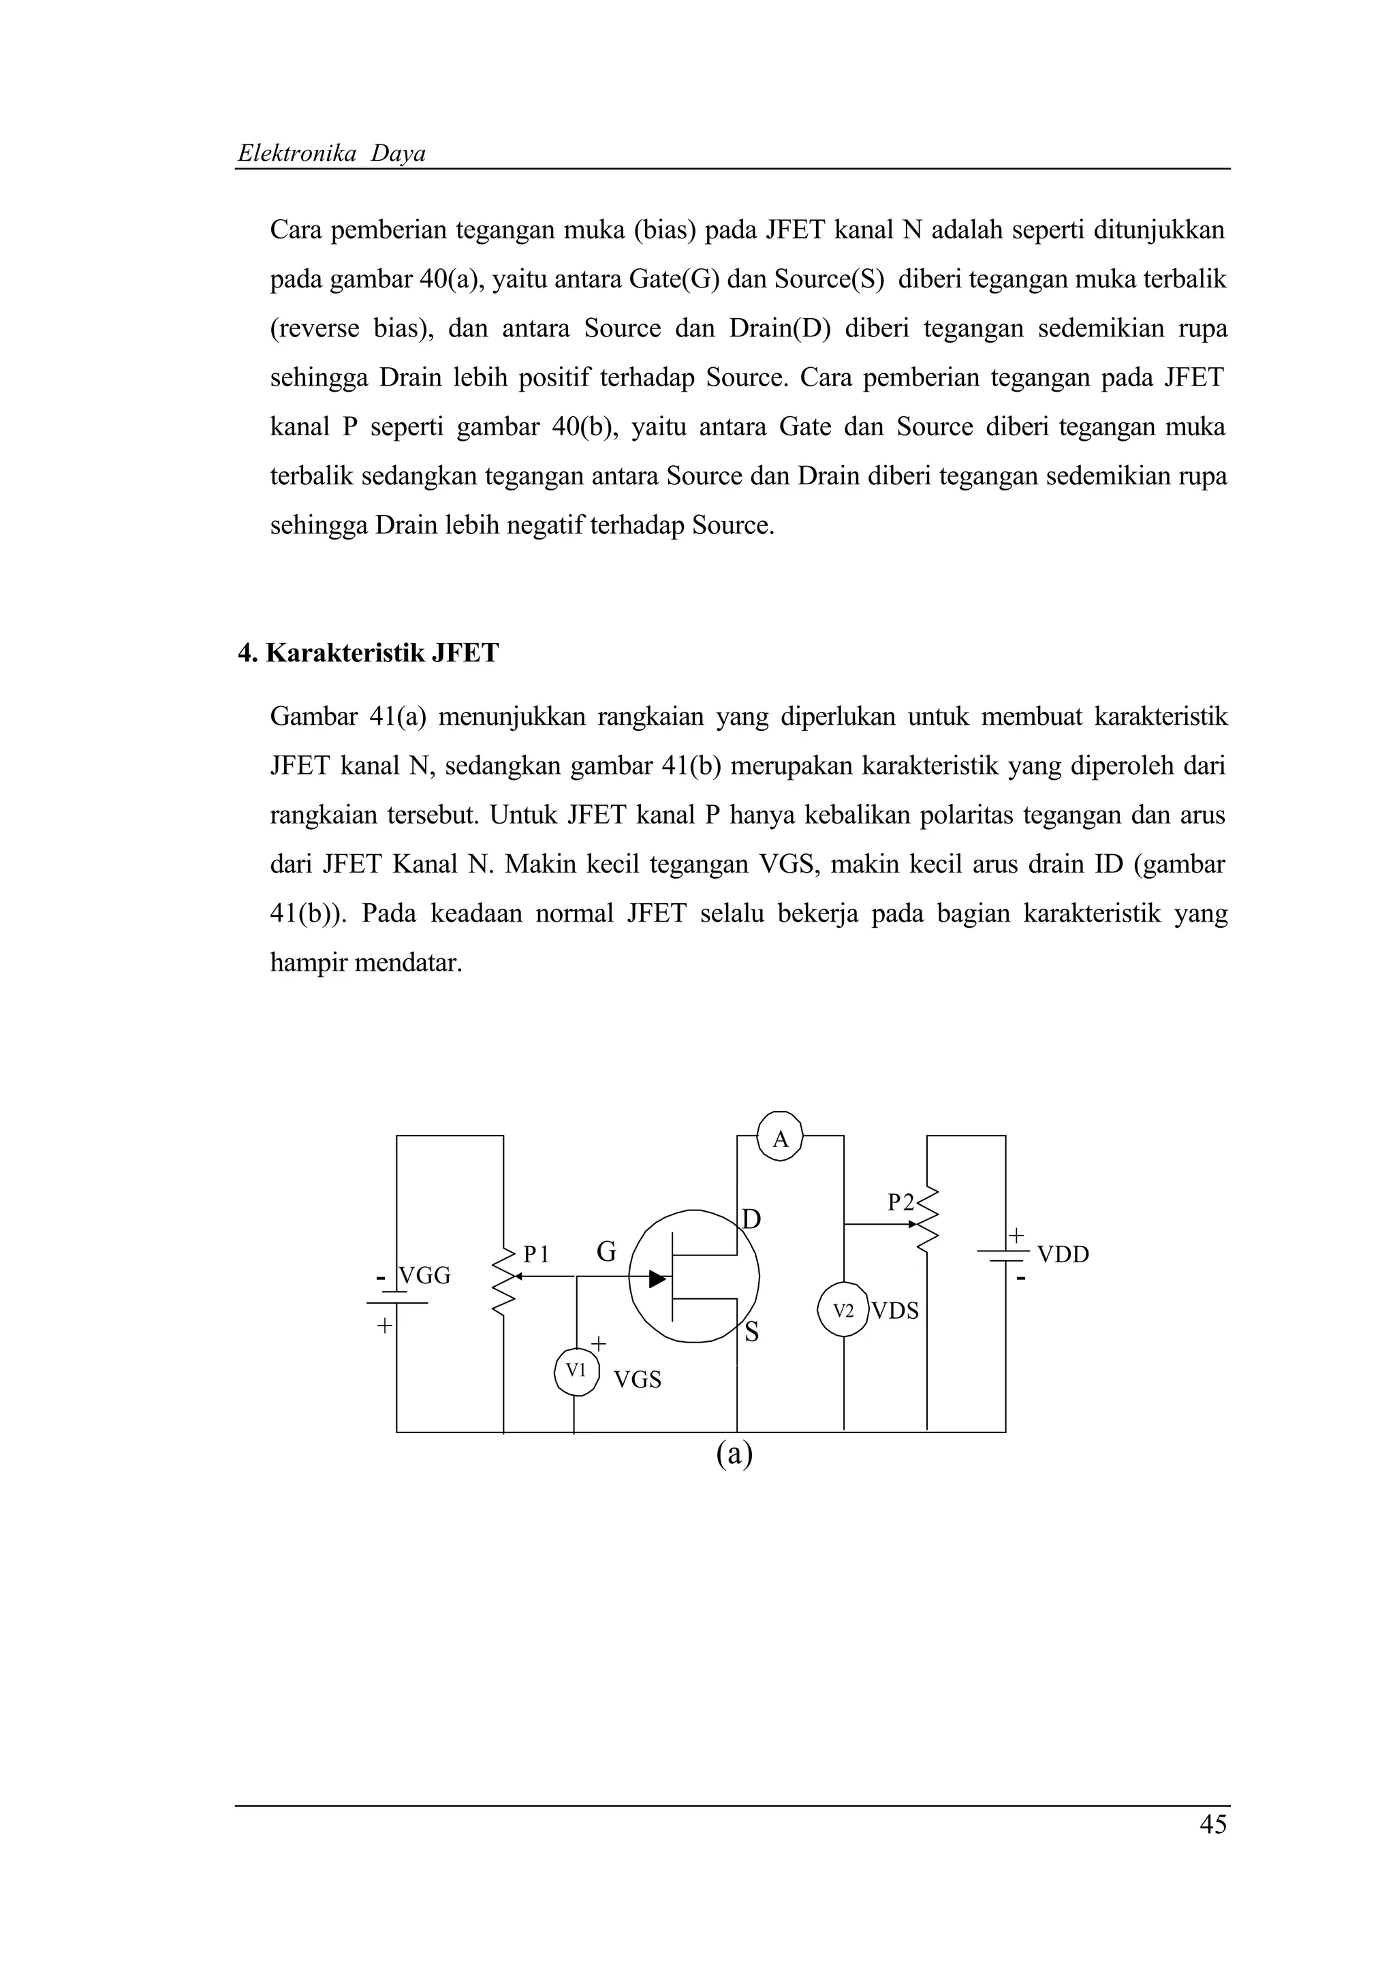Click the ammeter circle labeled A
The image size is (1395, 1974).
click(781, 1139)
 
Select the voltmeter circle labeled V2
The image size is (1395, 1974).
click(844, 1311)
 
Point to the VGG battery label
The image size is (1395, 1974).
click(424, 1275)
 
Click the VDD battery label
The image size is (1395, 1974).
click(1063, 1255)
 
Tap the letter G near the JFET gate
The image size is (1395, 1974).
click(607, 1253)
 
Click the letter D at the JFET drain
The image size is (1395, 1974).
click(751, 1219)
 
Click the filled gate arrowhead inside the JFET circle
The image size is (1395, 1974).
click(657, 1279)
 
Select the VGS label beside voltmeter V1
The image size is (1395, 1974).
click(637, 1380)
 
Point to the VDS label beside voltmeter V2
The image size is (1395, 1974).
click(895, 1311)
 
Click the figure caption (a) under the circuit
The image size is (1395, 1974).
click(734, 1453)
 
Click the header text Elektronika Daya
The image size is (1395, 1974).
click(332, 154)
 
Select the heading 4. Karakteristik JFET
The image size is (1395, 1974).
click(368, 653)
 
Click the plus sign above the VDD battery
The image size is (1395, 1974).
click(1016, 1236)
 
